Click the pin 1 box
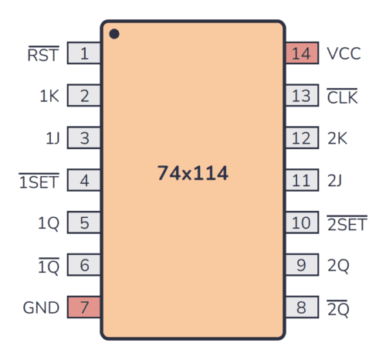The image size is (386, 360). click(84, 54)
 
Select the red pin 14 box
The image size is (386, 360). click(302, 54)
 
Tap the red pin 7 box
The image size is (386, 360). click(84, 307)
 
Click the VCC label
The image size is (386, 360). click(344, 54)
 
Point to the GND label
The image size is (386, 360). click(42, 307)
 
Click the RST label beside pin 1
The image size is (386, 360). click(43, 54)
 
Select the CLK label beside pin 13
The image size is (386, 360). click(343, 97)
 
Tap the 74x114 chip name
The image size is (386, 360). click(193, 174)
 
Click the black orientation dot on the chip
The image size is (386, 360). click(114, 34)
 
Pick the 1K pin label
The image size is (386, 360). click(49, 97)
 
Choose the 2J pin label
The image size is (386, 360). click(335, 181)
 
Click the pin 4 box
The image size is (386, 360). click(84, 181)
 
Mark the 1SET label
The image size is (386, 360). click(39, 181)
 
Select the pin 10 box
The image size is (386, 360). click(302, 223)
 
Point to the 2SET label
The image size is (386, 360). click(347, 223)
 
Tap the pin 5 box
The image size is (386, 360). click(84, 223)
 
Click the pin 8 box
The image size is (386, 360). click(302, 307)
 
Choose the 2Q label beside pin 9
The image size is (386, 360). click(338, 266)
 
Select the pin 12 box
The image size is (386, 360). click(302, 139)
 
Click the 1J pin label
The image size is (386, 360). click(52, 139)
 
